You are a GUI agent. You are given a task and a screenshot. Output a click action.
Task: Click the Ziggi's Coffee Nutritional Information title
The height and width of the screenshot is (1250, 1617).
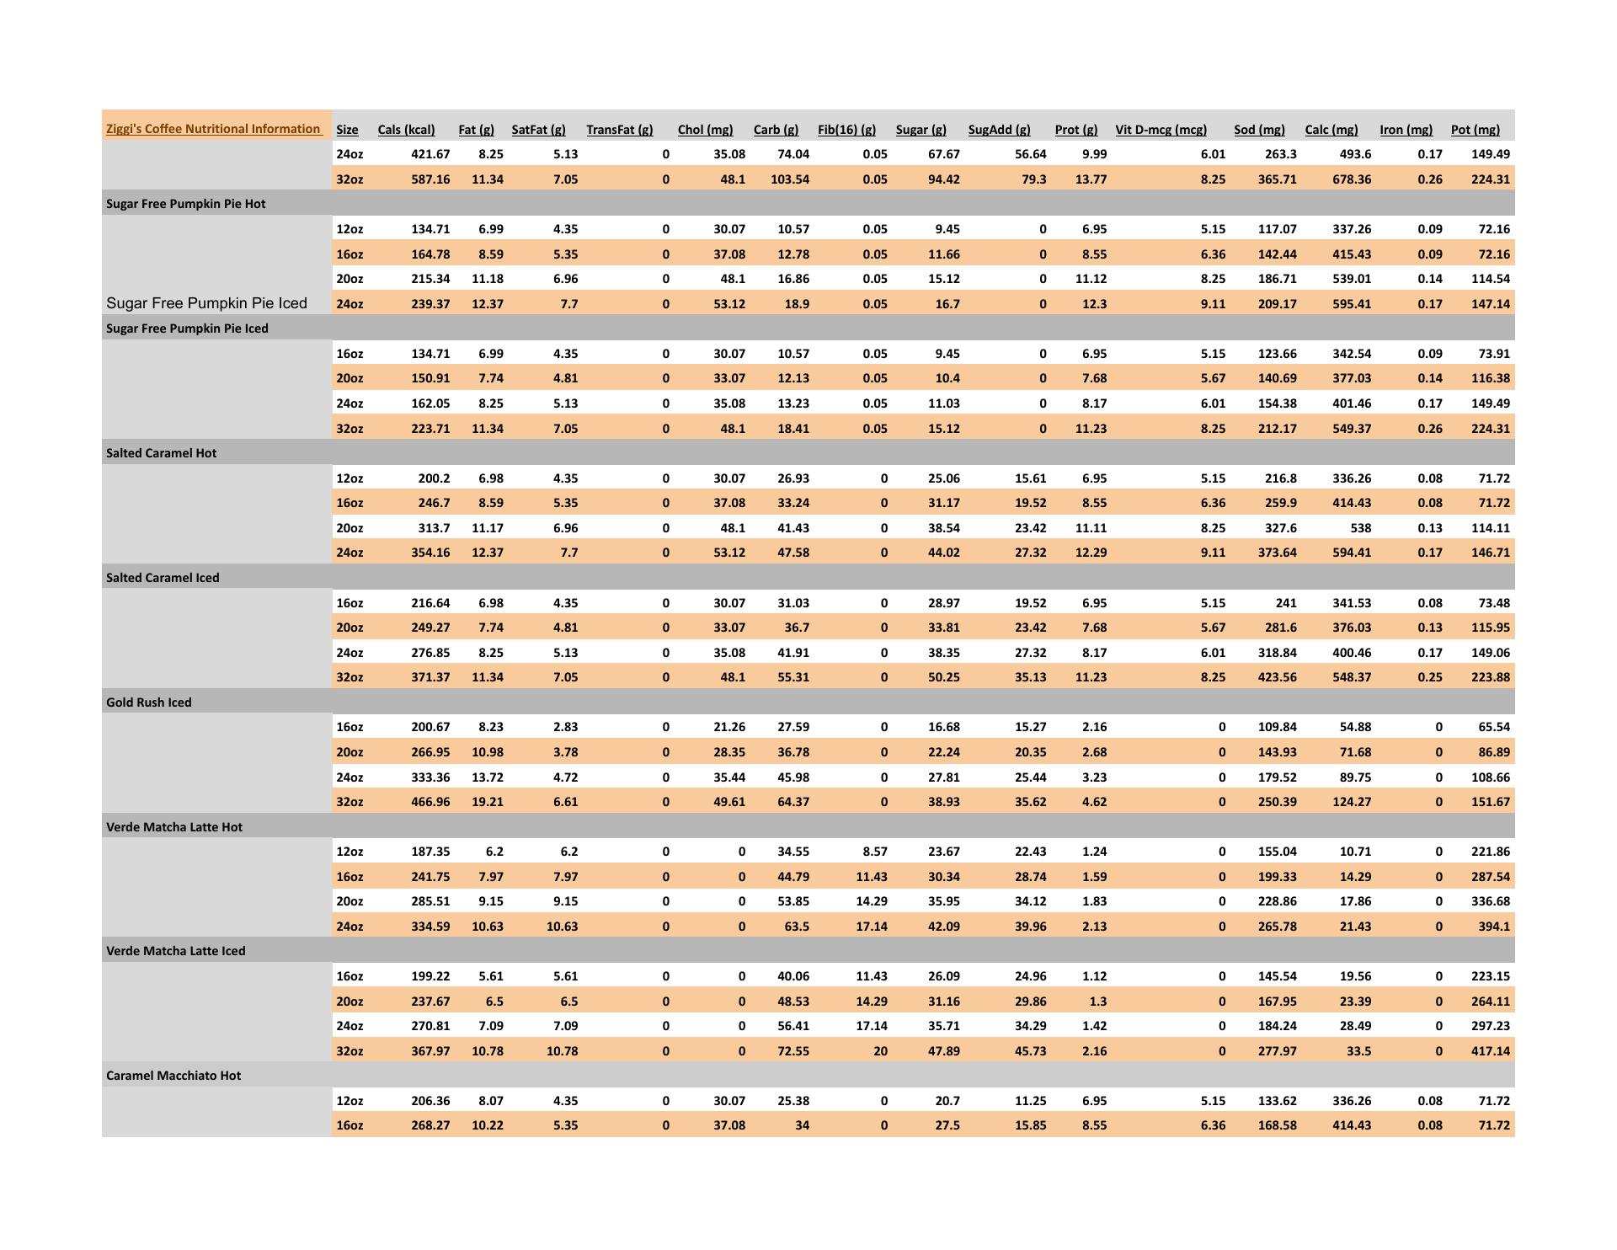pyautogui.click(x=213, y=129)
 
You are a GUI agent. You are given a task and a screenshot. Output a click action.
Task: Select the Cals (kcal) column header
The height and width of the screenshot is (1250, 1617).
pyautogui.click(x=406, y=130)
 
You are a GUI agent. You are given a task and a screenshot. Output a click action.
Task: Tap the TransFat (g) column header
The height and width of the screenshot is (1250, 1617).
pyautogui.click(x=619, y=130)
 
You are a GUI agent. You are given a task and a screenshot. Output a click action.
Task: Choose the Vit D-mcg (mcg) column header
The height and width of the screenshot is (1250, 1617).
pyautogui.click(x=1161, y=130)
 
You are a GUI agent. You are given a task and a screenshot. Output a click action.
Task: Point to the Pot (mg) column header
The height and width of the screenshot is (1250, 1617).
pyautogui.click(x=1475, y=130)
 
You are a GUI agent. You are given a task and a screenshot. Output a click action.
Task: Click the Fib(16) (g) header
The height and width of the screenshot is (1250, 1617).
pyautogui.click(x=846, y=130)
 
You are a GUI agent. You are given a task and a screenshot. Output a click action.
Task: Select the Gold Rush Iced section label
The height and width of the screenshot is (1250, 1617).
pyautogui.click(x=148, y=702)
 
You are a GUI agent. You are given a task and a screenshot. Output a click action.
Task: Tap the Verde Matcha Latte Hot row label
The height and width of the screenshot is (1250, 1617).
pyautogui.click(x=173, y=827)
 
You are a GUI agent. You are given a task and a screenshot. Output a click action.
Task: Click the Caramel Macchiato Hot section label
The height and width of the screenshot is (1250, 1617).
pyautogui.click(x=173, y=1076)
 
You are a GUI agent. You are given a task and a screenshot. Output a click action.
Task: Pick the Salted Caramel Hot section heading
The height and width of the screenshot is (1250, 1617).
pyautogui.click(x=161, y=453)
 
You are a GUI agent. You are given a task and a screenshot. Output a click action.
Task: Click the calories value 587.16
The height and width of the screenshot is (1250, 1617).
pyautogui.click(x=430, y=179)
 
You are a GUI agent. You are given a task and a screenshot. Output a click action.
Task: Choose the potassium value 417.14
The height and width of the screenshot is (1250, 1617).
pyautogui.click(x=1490, y=1051)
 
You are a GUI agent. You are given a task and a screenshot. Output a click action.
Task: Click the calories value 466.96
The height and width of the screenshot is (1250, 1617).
pyautogui.click(x=430, y=802)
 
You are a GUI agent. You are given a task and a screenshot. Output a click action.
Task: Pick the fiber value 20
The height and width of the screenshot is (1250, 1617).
pyautogui.click(x=879, y=1051)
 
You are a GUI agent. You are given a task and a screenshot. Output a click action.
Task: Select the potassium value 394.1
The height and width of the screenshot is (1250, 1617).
pyautogui.click(x=1493, y=927)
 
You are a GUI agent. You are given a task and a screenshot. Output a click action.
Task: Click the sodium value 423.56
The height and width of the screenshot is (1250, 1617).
pyautogui.click(x=1277, y=677)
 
